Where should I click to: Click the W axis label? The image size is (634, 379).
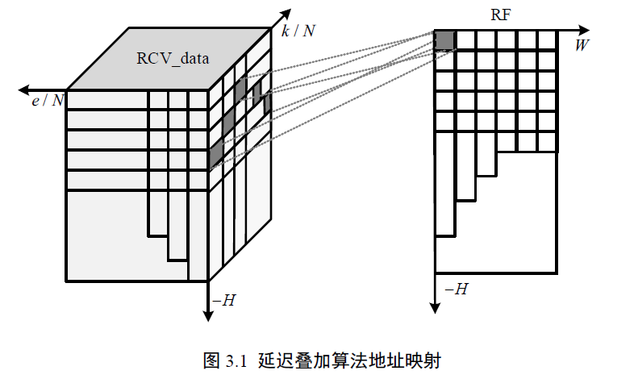(581, 45)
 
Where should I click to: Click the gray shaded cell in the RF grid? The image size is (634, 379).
(445, 40)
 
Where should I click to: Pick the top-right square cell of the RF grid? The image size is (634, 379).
(547, 40)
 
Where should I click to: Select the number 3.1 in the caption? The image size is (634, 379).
(236, 360)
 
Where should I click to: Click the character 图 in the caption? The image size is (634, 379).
(211, 360)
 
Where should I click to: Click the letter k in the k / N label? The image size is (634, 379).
(286, 31)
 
